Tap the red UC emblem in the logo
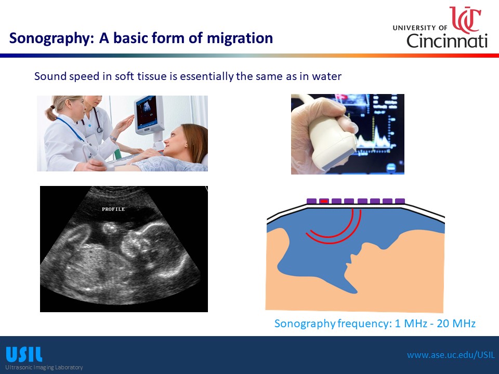coord(465,19)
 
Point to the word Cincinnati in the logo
coord(447,41)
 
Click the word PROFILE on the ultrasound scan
coord(113,209)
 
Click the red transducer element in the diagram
coord(324,201)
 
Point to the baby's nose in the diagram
coord(352,256)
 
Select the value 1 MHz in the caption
coord(411,324)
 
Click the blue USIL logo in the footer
coord(24,354)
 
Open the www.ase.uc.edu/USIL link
coord(451,355)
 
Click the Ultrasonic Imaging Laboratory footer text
coord(44,367)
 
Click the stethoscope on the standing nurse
coord(97,121)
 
